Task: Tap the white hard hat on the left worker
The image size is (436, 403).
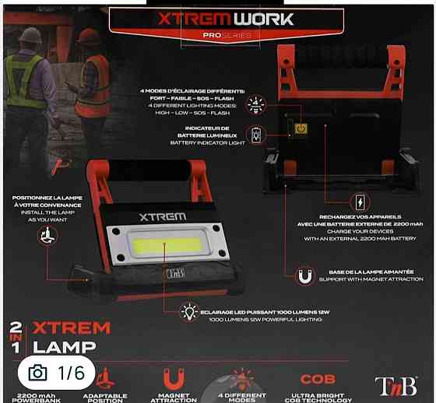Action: [30, 35]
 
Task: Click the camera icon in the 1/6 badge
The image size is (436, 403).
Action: [37, 373]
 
